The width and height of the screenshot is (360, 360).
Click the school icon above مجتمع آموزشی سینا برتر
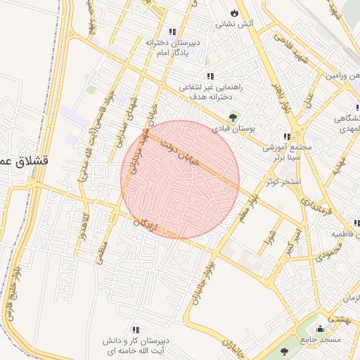(x=287, y=136)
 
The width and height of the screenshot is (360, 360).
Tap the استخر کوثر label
(x=283, y=183)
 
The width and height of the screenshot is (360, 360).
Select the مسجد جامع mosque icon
(x=321, y=328)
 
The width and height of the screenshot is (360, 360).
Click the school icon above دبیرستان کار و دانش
(x=136, y=328)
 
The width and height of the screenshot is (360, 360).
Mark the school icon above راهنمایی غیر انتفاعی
(x=209, y=76)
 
